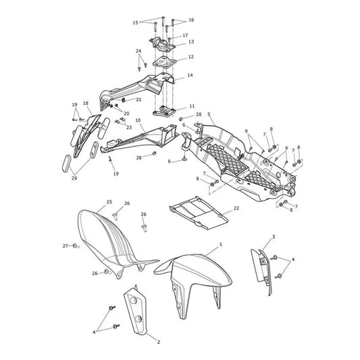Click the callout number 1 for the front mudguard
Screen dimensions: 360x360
pos(221,245)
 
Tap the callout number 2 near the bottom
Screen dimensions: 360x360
pos(159,342)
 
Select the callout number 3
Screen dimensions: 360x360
pos(274,236)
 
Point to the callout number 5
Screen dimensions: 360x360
pos(209,114)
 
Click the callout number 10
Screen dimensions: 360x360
pos(138,120)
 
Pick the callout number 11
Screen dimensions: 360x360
pos(192,106)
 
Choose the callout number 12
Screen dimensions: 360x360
pos(190,57)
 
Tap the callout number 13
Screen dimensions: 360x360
pos(191,42)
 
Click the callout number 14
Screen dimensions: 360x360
pos(190,75)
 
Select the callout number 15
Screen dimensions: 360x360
pos(136,22)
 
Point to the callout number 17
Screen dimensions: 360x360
pos(185,35)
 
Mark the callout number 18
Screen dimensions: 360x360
pos(86,103)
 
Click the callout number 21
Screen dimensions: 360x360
pos(138,99)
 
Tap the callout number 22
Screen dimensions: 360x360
pos(236,208)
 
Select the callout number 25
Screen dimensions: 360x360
pos(109,202)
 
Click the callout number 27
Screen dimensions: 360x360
pos(66,246)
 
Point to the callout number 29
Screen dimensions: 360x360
pos(74,178)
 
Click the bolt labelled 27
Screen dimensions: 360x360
pos(76,247)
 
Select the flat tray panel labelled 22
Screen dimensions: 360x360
pos(199,213)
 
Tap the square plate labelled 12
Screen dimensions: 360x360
pos(164,62)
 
